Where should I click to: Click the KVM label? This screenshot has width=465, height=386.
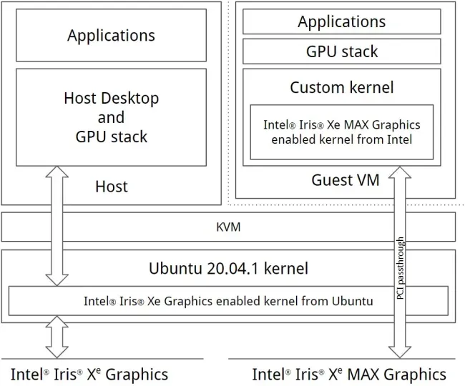[x=228, y=227]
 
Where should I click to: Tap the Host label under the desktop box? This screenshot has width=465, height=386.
[x=112, y=187]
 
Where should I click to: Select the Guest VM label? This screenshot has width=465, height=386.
[x=346, y=180]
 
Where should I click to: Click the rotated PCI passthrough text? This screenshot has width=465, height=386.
[x=400, y=268]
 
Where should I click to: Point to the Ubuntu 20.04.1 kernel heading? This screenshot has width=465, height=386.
[x=228, y=268]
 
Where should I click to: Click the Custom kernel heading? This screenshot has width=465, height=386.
[x=342, y=87]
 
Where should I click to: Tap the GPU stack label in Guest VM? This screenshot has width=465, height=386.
[x=342, y=51]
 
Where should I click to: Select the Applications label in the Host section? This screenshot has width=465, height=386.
[x=111, y=36]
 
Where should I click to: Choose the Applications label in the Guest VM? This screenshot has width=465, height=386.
[x=342, y=21]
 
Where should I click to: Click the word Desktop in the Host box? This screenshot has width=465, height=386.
[x=130, y=98]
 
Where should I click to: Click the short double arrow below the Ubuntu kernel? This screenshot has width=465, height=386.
[x=57, y=337]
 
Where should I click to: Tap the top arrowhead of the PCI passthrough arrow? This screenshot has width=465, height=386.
[x=400, y=172]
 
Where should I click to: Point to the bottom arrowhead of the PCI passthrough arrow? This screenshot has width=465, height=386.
[x=400, y=352]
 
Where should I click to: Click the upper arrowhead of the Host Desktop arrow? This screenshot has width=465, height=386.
[x=57, y=172]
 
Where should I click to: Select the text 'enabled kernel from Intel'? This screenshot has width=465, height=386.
[x=342, y=139]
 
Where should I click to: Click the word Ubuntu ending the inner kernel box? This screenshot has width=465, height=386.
[x=352, y=301]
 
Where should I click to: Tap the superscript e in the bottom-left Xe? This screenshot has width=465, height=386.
[x=99, y=370]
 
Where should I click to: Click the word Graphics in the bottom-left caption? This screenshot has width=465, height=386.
[x=137, y=375]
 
